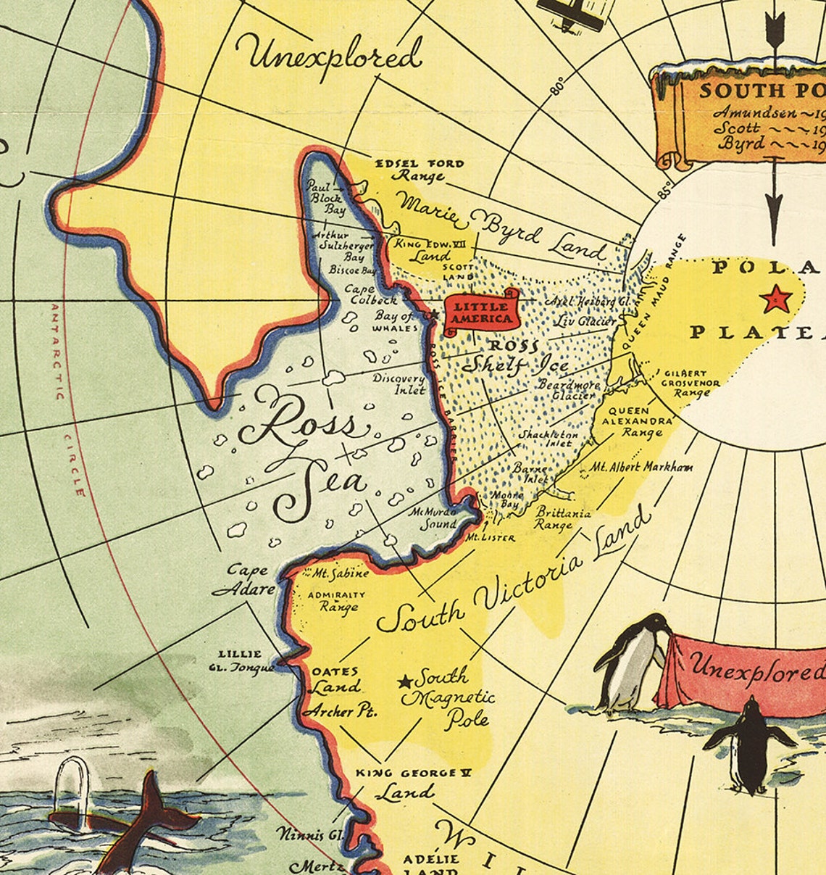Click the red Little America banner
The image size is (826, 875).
point(480,312)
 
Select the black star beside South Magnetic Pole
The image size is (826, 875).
point(405,681)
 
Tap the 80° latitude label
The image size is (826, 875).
point(557,86)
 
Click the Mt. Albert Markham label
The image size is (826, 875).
point(642,467)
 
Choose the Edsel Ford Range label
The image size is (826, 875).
point(419,170)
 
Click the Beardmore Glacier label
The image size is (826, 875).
point(568,390)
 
